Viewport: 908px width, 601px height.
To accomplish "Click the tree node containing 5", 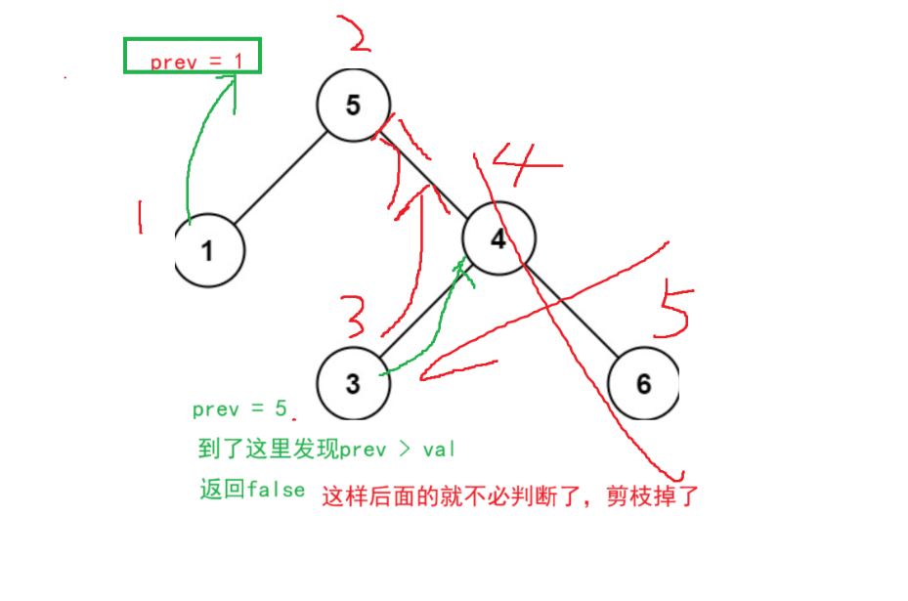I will coord(353,105).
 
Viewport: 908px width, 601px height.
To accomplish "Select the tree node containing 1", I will coord(208,251).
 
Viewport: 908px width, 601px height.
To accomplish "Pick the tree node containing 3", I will coord(353,383).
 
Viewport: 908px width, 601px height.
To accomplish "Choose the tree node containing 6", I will coord(642,383).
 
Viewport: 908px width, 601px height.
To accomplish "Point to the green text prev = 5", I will coord(239,409).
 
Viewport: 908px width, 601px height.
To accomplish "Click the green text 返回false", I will coord(253,490).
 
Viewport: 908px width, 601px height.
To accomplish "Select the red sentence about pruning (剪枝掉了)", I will coord(511,496).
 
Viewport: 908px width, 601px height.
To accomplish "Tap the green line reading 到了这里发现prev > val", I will coord(326,450).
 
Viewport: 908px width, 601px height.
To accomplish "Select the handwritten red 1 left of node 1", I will coord(140,217).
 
